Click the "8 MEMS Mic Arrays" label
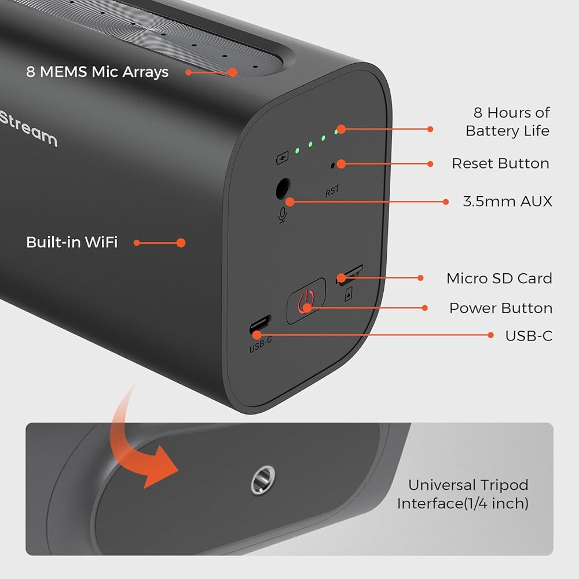coord(97,72)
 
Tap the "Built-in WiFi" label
coord(72,242)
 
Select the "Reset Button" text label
coord(500,163)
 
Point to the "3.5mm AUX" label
coord(507,201)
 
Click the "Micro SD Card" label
coord(499,278)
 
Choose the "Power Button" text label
coord(501,308)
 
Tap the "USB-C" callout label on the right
coord(529,336)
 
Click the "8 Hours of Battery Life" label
coord(508,122)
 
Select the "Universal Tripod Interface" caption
coord(463,494)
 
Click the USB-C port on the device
coord(260,324)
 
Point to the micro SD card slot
coord(349,273)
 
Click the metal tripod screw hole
coord(262,479)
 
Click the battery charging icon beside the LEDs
coord(283,158)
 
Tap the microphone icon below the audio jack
coord(283,215)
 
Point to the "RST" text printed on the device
coord(332,191)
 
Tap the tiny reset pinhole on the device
coord(332,166)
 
